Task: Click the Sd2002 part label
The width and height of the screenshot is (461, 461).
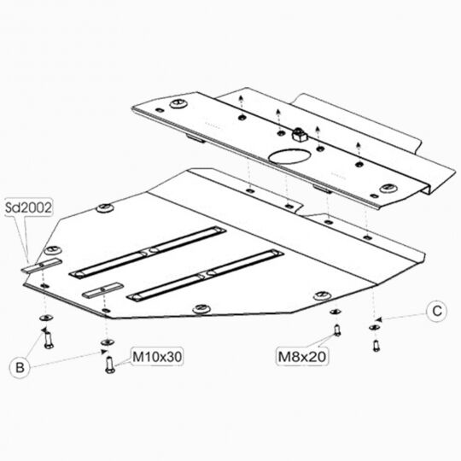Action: (x=28, y=207)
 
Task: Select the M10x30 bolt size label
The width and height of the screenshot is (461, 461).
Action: (x=157, y=357)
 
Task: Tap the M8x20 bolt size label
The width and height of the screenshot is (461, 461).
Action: (x=302, y=357)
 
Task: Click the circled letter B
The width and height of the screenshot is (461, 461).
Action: (x=20, y=367)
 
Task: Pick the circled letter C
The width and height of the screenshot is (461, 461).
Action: (x=437, y=311)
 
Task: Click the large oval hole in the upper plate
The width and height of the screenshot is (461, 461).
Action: (x=289, y=156)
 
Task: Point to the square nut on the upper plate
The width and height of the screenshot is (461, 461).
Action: (x=298, y=134)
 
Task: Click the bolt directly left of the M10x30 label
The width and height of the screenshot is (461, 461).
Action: (x=109, y=365)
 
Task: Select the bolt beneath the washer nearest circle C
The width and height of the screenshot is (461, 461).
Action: (x=376, y=345)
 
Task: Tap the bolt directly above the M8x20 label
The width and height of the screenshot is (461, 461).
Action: (x=337, y=330)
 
